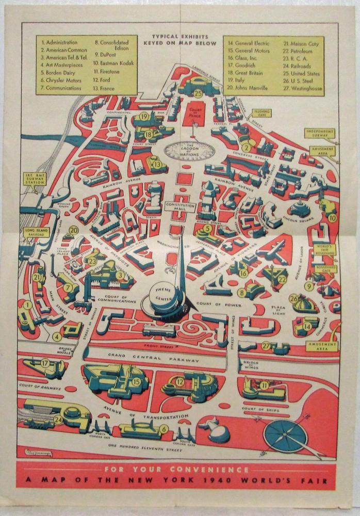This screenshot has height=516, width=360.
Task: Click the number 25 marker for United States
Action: pos(198,93)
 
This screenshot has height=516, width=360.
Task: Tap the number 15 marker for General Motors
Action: pos(136,381)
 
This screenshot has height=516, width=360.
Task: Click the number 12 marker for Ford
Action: pos(179,381)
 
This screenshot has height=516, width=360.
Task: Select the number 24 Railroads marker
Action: pos(58,420)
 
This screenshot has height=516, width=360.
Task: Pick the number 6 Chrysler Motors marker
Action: pos(163,428)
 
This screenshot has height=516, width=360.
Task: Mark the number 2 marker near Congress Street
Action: pos(246,148)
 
